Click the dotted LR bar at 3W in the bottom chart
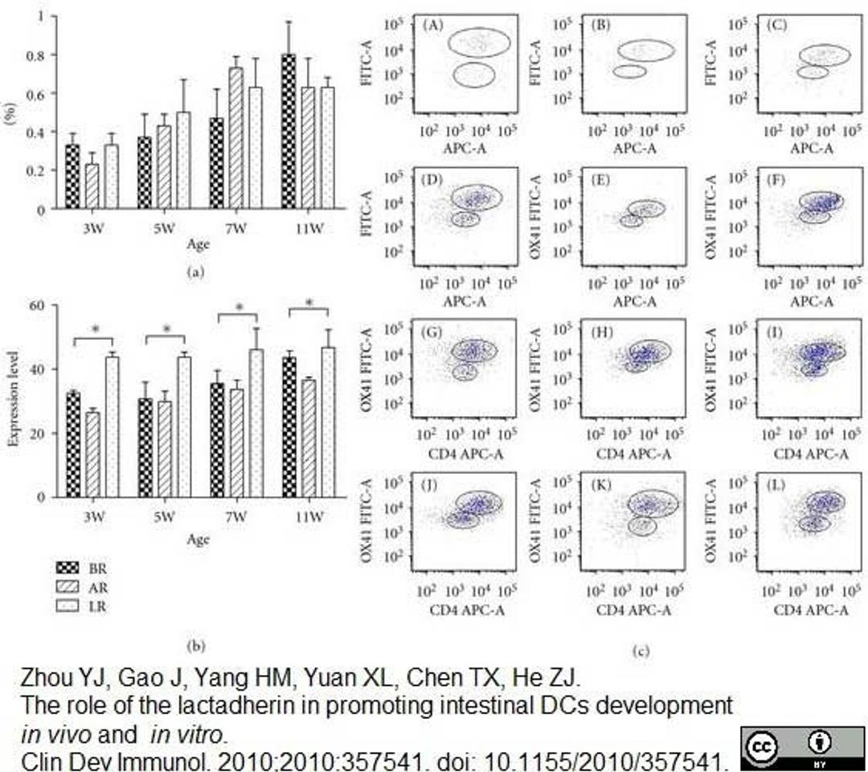tap(113, 427)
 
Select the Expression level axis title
tap(13, 402)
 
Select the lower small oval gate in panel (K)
tap(643, 525)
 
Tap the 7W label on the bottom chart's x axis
tap(235, 518)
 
